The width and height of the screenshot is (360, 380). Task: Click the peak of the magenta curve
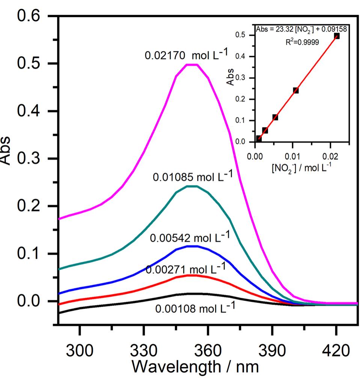click(x=192, y=65)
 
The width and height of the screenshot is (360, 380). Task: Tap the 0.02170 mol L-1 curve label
click(x=186, y=55)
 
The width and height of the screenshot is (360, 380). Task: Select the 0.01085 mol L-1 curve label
click(x=193, y=176)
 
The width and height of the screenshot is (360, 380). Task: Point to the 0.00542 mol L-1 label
click(x=190, y=238)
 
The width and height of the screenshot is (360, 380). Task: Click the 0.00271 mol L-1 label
click(x=185, y=269)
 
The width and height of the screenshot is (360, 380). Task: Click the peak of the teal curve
click(x=192, y=186)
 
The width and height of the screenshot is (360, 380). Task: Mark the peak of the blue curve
click(x=192, y=246)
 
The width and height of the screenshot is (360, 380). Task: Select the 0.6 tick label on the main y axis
click(x=32, y=17)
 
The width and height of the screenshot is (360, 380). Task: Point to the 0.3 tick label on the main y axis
click(x=32, y=159)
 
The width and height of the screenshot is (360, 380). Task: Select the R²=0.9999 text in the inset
click(x=302, y=42)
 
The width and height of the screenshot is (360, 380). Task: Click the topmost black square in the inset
click(x=337, y=36)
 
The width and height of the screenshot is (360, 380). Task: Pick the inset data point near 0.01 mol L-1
click(x=296, y=90)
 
